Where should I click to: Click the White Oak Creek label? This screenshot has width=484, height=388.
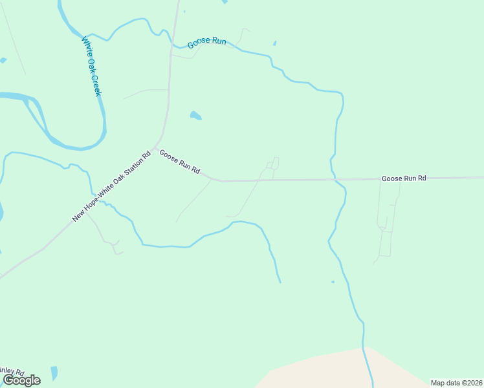coord(92,67)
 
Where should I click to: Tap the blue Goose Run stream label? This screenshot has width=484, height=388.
coord(206,43)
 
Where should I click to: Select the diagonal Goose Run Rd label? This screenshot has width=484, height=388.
coord(179,162)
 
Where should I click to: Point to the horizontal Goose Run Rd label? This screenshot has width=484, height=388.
coord(404,178)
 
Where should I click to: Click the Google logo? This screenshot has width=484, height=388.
coord(21,380)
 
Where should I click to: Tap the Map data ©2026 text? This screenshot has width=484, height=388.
coord(456,383)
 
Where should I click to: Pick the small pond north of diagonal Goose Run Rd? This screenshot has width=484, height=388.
coord(195,116)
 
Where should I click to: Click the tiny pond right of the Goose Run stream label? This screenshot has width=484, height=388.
coord(274,43)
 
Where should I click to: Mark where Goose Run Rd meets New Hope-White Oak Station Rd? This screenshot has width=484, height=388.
coord(155,145)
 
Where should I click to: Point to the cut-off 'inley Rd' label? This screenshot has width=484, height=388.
coord(12,372)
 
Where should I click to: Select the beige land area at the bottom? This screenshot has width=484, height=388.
coord(336,372)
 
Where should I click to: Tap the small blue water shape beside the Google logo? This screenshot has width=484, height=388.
coord(54,373)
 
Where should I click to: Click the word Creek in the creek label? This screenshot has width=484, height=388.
coord(96,85)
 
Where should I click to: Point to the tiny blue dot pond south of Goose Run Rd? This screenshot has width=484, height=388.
coord(333,282)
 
